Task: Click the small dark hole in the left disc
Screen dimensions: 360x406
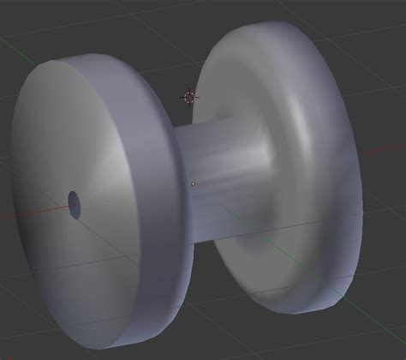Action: tap(75, 204)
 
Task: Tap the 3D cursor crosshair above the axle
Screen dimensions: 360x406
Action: tap(190, 97)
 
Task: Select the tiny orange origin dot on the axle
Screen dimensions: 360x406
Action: tap(194, 183)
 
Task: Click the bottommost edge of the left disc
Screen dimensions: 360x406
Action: tap(128, 347)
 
